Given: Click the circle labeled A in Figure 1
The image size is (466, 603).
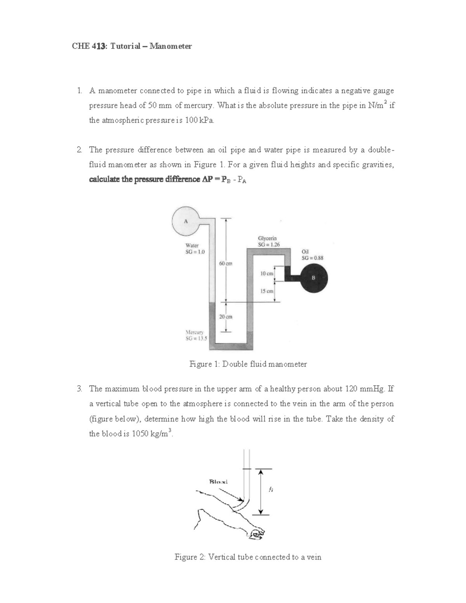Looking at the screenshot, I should [186, 221].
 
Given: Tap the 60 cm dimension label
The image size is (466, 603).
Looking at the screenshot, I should [225, 264].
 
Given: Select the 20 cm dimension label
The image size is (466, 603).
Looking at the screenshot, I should [225, 317].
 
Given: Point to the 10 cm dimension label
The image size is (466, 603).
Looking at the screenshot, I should [267, 273].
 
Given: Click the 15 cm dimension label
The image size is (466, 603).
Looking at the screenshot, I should [267, 291].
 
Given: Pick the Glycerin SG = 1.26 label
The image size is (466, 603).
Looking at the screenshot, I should [269, 241].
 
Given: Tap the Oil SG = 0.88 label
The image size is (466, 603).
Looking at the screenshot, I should [312, 255].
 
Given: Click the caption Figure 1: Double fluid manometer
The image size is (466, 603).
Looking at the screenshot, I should [248, 364].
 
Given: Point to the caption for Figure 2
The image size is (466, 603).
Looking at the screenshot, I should [248, 557].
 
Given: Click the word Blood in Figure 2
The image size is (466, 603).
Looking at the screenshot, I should [218, 482].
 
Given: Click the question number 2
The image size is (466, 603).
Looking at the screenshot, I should [79, 150].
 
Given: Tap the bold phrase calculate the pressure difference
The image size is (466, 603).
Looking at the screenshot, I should [143, 180].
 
